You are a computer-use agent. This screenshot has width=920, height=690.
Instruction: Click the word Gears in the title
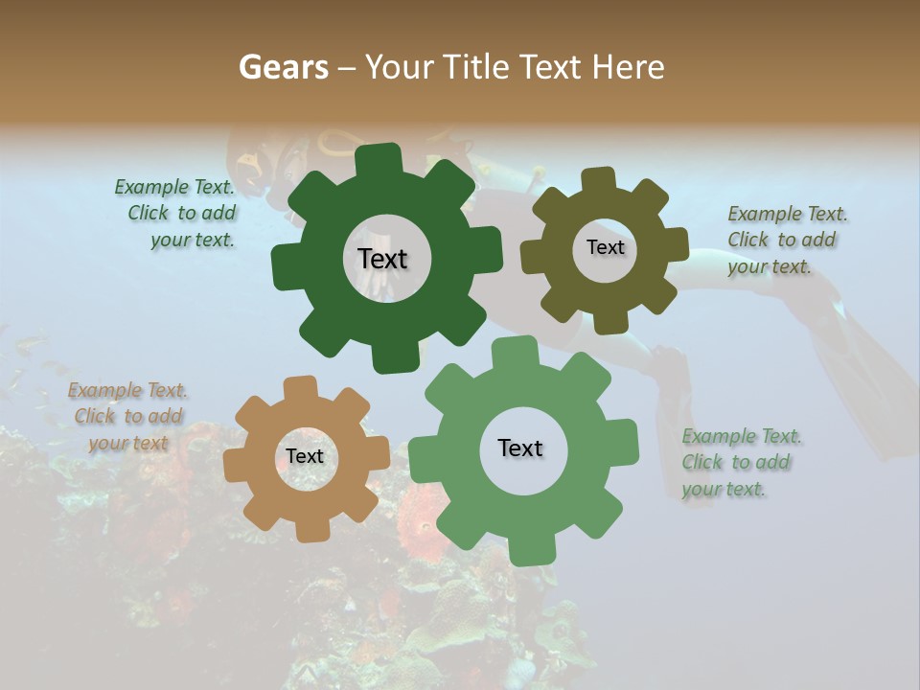pos(284,67)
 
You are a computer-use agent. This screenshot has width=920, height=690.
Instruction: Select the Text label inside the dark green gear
pos(382,259)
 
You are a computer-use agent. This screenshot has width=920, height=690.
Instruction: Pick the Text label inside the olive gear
pos(605,247)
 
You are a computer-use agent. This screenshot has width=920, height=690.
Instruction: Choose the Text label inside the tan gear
pos(305,456)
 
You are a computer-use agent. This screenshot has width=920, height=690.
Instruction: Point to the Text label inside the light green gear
pos(520,448)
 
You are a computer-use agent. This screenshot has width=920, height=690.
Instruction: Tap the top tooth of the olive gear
pos(599,180)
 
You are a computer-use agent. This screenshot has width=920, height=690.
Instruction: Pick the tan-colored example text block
pos(127,416)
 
